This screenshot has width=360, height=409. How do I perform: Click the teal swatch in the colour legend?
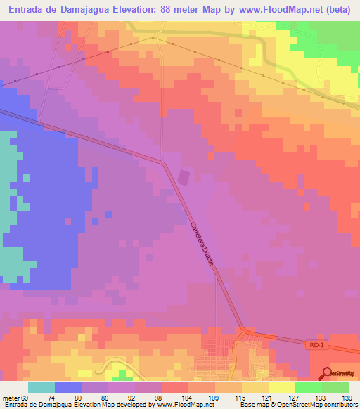(x=41, y=387)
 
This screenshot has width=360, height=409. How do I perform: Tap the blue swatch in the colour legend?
(x=68, y=387)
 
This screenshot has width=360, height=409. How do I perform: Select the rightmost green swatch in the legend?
(x=335, y=387)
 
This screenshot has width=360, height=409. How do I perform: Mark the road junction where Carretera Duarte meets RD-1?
(x=244, y=328)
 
